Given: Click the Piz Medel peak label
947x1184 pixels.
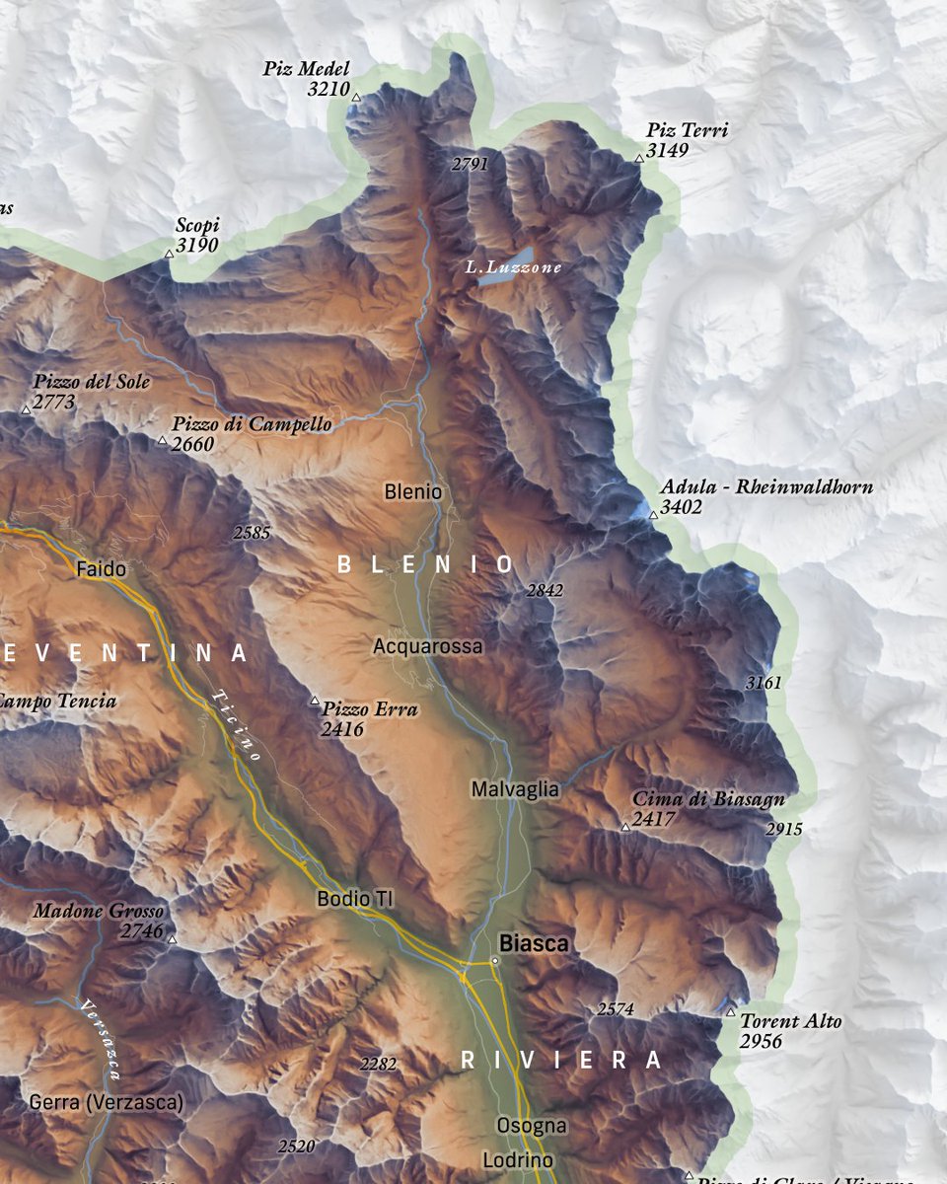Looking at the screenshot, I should tap(306, 69).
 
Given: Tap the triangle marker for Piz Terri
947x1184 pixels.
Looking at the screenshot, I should tap(639, 158).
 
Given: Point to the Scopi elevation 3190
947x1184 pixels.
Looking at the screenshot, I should tap(196, 246).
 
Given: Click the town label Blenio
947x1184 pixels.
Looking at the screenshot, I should tap(413, 491).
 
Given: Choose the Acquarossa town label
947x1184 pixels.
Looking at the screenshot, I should tap(428, 646).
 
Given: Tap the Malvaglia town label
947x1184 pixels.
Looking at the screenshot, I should tap(515, 789).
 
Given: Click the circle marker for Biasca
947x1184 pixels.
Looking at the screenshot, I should tap(495, 961).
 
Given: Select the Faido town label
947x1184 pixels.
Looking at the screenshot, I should tap(101, 569).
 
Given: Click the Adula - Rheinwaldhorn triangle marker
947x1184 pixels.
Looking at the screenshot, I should tap(653, 515).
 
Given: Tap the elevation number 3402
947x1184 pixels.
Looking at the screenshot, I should tap(682, 507).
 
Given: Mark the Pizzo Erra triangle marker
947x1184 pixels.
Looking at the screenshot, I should tap(316, 702).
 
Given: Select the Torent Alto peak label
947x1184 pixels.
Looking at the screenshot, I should tap(791, 1021).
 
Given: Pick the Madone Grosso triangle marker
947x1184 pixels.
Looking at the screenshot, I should tap(172, 939).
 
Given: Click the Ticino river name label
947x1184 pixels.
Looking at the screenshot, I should tap(235, 724).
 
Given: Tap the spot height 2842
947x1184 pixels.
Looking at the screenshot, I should tap(545, 591).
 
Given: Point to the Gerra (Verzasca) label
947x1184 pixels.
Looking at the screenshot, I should tap(107, 1102).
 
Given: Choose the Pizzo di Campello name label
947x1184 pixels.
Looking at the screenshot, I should tap(252, 424).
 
